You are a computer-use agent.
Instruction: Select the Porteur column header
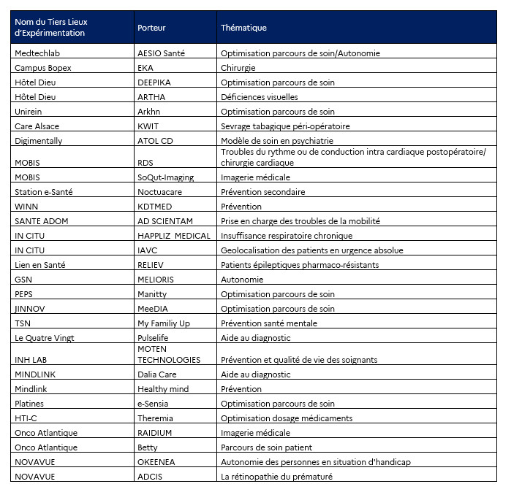pos(151,28)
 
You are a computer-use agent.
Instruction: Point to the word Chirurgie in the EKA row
pos(238,68)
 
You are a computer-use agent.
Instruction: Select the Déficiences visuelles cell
pos(259,97)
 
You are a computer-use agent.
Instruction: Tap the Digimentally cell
pos(39,141)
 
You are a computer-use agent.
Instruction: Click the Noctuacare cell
pos(159,192)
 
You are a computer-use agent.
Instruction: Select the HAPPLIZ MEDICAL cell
pos(174,236)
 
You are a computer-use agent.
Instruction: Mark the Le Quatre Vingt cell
pos(45,338)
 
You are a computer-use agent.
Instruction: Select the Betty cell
pos(148,447)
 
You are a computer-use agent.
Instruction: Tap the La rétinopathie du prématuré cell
pos(276,477)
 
